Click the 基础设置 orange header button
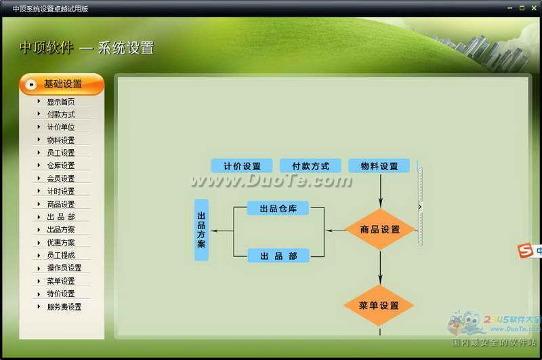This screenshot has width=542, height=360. (x=62, y=84)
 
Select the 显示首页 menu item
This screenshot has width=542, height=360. (x=61, y=102)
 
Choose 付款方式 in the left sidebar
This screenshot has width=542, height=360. (x=61, y=115)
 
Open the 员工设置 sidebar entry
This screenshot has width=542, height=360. (x=61, y=153)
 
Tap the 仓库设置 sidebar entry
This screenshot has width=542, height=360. (x=61, y=165)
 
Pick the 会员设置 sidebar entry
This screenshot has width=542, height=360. (x=61, y=178)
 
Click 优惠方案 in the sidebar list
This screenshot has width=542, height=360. (x=61, y=243)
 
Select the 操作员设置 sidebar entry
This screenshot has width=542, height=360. (x=64, y=268)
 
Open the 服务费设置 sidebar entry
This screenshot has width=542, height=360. (x=64, y=306)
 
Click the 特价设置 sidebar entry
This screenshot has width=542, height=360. (x=61, y=294)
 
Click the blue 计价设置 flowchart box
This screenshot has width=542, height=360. (x=242, y=166)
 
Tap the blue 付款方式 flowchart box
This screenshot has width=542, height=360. (x=310, y=166)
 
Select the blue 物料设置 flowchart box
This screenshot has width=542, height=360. (x=379, y=166)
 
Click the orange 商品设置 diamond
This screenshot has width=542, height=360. (x=379, y=230)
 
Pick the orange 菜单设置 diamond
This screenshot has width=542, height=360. (x=379, y=306)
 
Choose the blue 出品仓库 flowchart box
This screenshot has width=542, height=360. (x=278, y=208)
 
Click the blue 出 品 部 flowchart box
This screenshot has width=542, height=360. (x=278, y=256)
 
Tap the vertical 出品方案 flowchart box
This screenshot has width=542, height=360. (x=201, y=230)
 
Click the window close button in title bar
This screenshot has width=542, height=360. (x=533, y=8)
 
